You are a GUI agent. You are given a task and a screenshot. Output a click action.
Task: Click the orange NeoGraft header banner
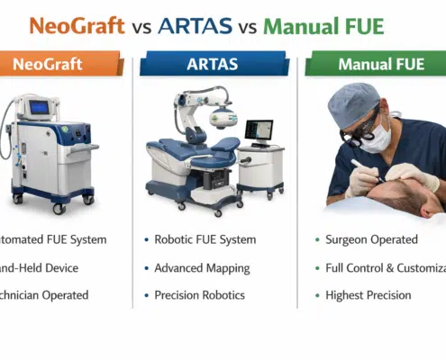(62, 65)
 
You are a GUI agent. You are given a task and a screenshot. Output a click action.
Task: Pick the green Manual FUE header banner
(377, 65)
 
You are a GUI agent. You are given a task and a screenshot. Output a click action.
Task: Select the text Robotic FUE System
(205, 239)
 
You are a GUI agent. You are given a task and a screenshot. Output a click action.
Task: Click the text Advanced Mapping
(201, 267)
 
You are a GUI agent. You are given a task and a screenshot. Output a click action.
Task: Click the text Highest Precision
(369, 295)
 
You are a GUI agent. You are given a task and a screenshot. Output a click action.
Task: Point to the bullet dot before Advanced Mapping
(145, 268)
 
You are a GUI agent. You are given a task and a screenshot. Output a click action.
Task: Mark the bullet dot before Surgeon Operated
(317, 240)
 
